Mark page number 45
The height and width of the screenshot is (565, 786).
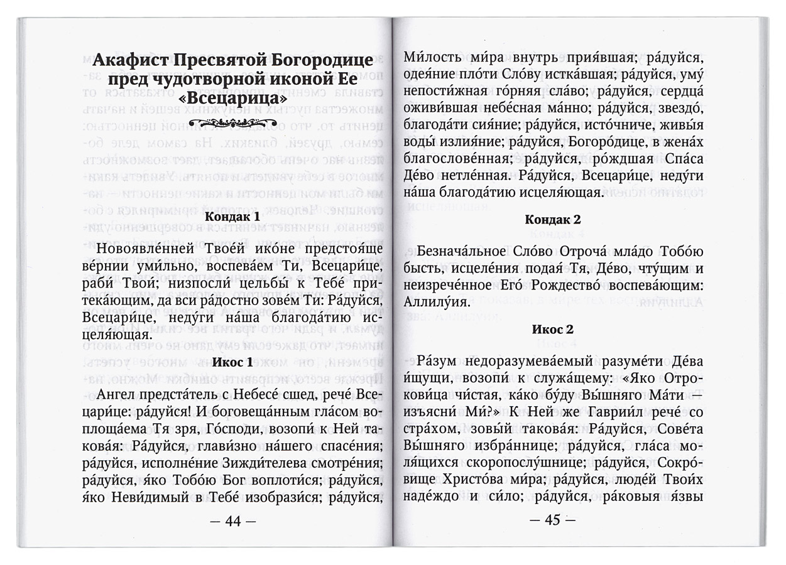(x=552, y=520)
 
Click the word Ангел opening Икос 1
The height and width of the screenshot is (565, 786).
(x=119, y=394)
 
